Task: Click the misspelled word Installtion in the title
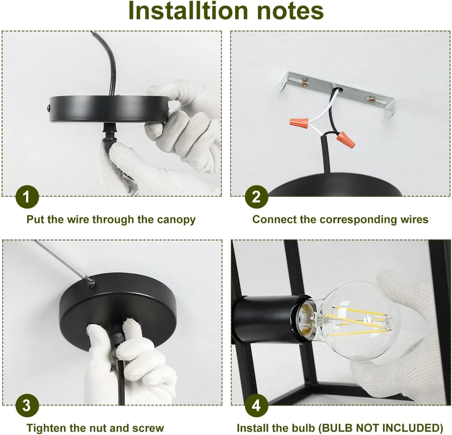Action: click(x=188, y=11)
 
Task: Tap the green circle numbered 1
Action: click(x=27, y=197)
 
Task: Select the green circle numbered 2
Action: click(x=256, y=197)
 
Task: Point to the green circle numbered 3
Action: click(x=27, y=405)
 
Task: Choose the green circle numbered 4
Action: click(x=256, y=405)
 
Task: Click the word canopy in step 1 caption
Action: click(x=176, y=220)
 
